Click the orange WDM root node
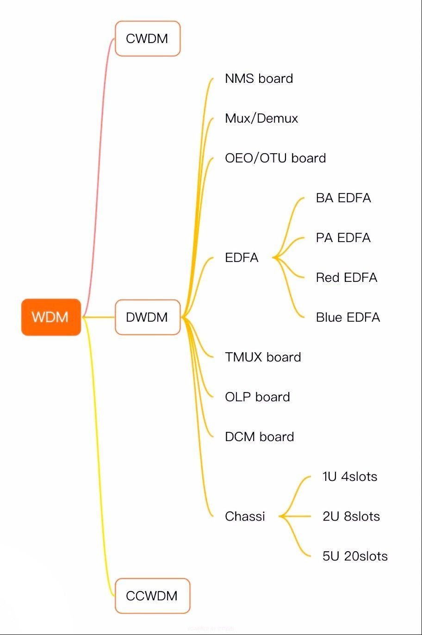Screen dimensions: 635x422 pos(51,317)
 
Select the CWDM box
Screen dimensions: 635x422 pos(147,38)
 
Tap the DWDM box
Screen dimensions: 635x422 pos(147,317)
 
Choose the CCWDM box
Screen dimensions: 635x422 pos(152,596)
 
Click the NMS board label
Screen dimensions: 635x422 pos(259,78)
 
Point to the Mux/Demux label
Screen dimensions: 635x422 pos(261,118)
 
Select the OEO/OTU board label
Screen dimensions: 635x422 pos(275,158)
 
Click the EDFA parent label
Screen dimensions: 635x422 pos(242,257)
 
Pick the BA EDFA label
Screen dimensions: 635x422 pos(343,198)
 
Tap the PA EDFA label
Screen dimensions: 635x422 pos(343,237)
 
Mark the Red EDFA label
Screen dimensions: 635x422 pos(347,277)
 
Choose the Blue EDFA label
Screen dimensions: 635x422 pos(348,317)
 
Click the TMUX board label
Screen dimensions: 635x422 pos(263,357)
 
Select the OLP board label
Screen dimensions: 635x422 pos(257,397)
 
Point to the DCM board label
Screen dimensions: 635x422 pos(259,436)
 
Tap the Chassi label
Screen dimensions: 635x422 pos(245,516)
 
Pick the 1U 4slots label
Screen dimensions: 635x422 pos(350,476)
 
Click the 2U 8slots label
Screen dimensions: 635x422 pos(351,516)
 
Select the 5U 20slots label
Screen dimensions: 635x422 pos(355,556)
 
